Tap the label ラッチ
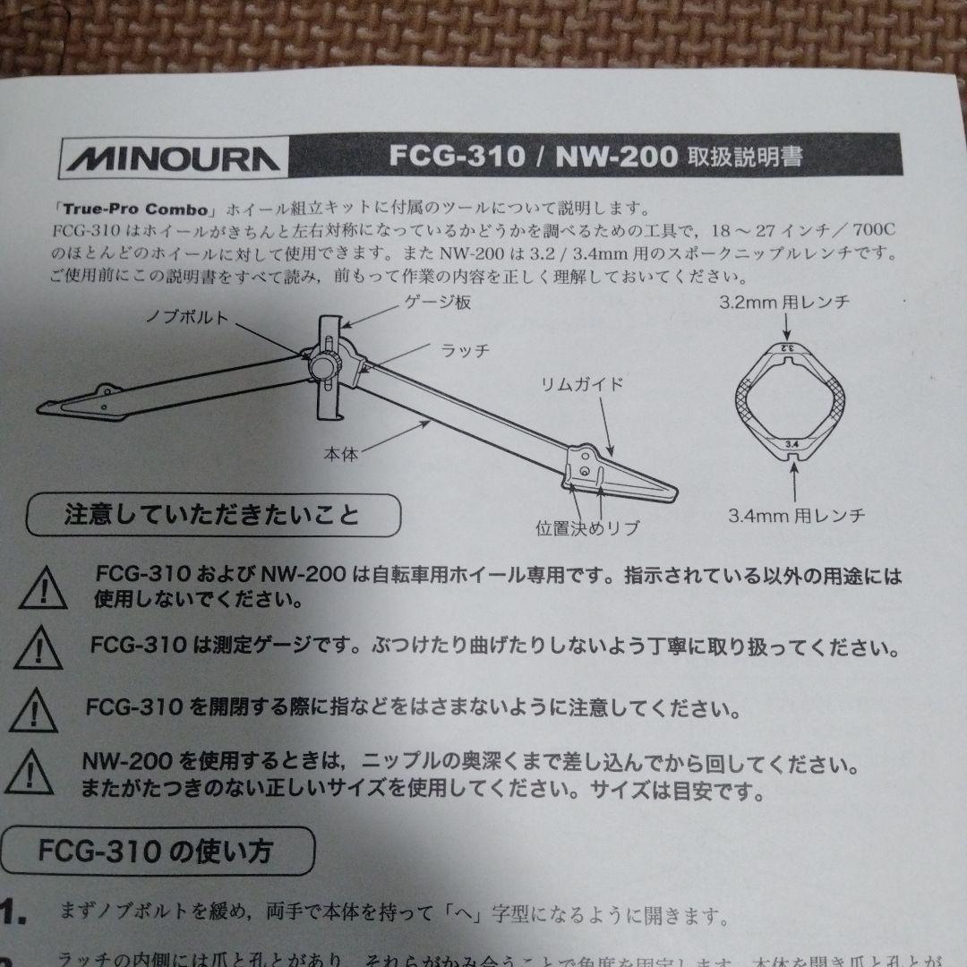pos(465,350)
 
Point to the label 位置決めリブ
pos(586,527)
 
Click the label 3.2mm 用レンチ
pos(784,303)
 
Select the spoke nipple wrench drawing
pos(787,400)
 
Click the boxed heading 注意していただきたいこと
pos(212,515)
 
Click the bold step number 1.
pos(13,913)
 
